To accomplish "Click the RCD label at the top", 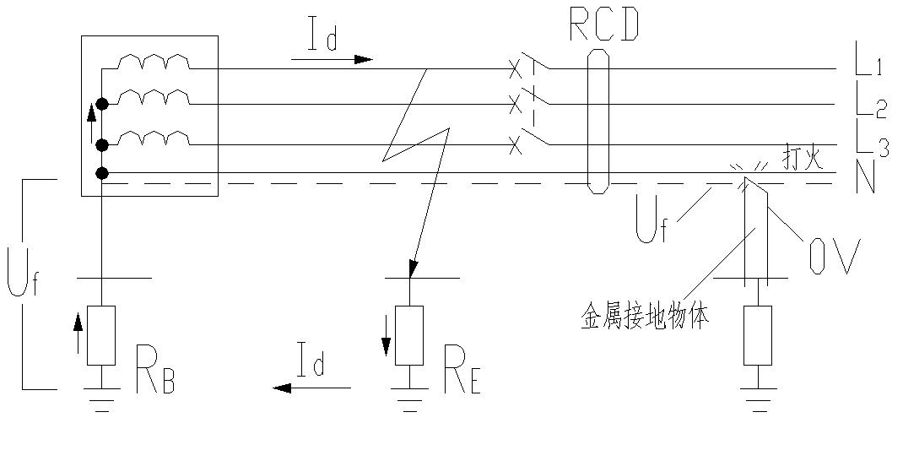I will [x=603, y=26].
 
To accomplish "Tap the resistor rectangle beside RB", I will [x=101, y=334].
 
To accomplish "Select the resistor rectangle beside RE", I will [x=409, y=334].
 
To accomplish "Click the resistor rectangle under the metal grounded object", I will [x=757, y=334].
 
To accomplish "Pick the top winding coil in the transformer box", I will [x=153, y=62].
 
